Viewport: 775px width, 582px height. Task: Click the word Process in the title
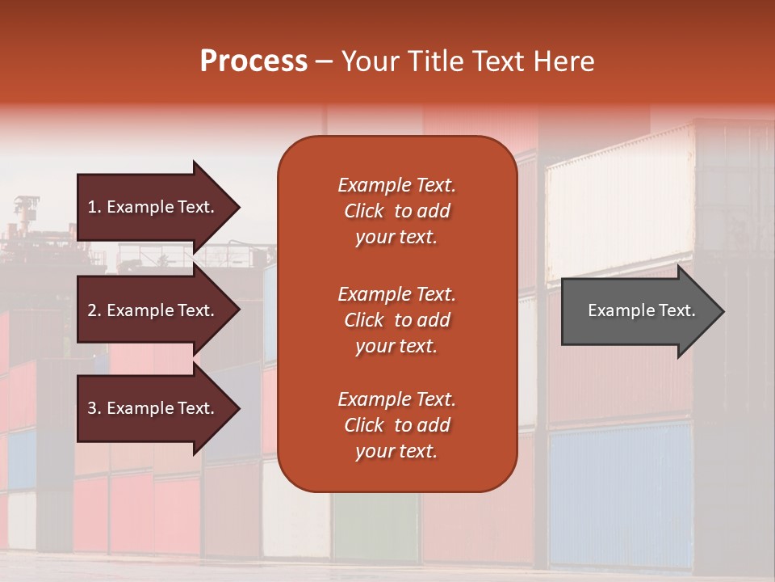pos(253,61)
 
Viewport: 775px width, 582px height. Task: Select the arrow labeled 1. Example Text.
pos(153,207)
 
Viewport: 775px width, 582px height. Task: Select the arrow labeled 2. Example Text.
pos(153,310)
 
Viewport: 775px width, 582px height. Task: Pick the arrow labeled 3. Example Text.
pos(153,408)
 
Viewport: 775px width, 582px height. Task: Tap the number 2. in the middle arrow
pos(94,310)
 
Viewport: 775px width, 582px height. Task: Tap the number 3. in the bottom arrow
pos(94,408)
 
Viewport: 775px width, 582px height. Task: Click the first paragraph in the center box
pos(396,211)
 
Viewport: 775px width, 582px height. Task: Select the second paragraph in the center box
pos(396,320)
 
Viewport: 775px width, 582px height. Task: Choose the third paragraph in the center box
pos(396,425)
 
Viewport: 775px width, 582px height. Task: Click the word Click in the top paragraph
pos(364,212)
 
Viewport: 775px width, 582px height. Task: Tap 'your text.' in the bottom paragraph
pos(396,452)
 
